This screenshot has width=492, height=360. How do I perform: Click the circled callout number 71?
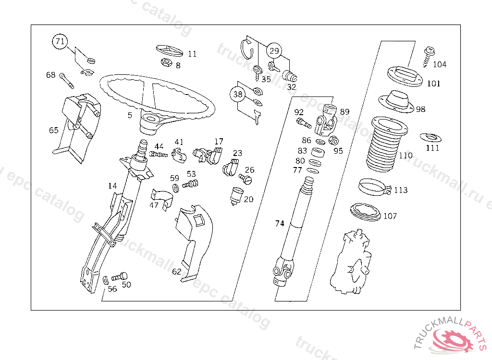pyautogui.click(x=60, y=42)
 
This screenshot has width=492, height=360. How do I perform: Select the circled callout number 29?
pyautogui.click(x=274, y=50)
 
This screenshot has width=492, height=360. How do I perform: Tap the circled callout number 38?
pyautogui.click(x=238, y=94)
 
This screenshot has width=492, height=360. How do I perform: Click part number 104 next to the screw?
pyautogui.click(x=440, y=64)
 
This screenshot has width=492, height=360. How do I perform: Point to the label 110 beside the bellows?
pyautogui.click(x=406, y=156)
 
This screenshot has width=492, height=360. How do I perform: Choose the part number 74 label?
pyautogui.click(x=280, y=223)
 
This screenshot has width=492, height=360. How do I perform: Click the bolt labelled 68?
pyautogui.click(x=66, y=80)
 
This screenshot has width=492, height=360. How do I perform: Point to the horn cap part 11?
pyautogui.click(x=170, y=50)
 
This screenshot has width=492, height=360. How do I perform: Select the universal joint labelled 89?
pyautogui.click(x=327, y=120)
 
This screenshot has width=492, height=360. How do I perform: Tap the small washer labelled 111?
pyautogui.click(x=430, y=138)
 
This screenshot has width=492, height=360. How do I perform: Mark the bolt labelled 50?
pyautogui.click(x=120, y=277)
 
